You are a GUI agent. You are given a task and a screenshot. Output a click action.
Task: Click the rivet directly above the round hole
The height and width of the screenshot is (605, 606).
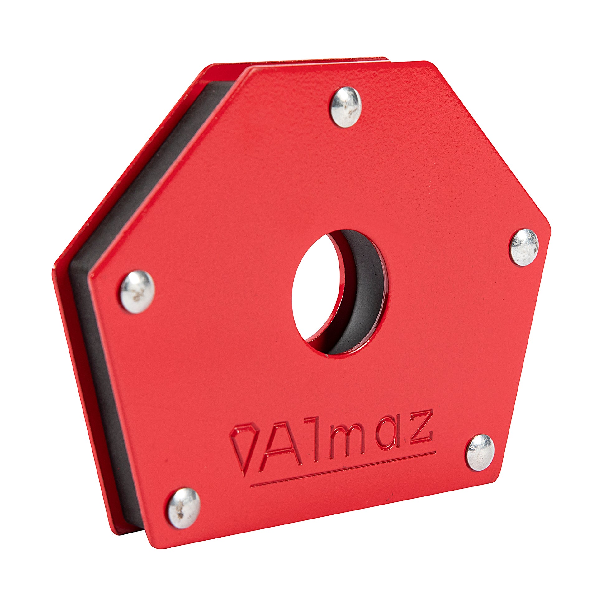347,107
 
